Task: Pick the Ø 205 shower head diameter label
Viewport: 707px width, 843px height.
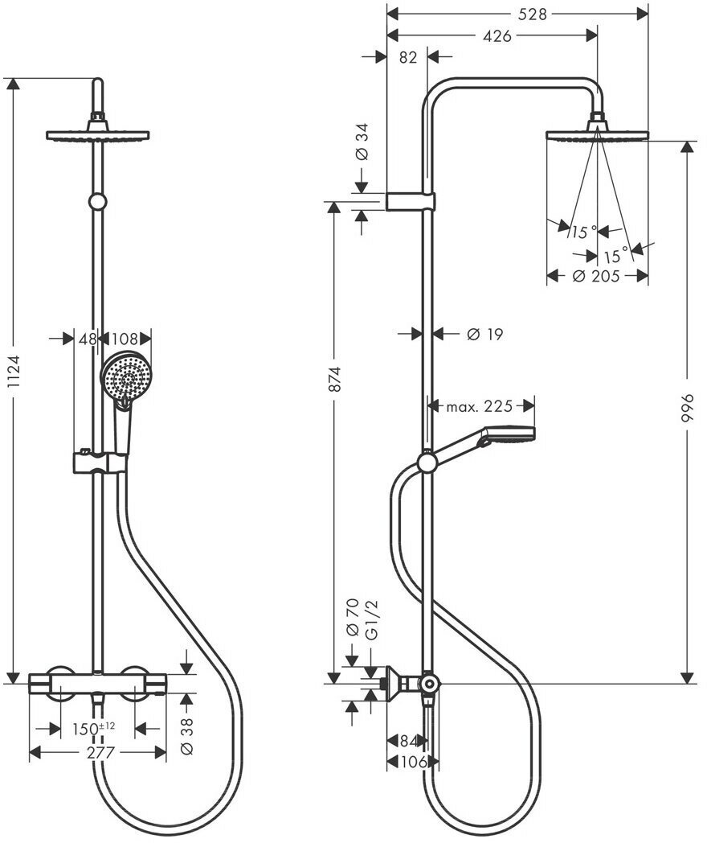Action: [595, 277]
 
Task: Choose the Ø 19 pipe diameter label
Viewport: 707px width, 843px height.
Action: [484, 334]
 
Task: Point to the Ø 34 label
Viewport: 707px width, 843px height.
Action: [362, 142]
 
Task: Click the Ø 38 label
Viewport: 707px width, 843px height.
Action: [187, 734]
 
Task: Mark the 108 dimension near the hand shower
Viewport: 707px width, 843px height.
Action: [124, 339]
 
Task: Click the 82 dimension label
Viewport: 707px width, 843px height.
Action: [407, 56]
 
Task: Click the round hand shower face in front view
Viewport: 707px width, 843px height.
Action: [123, 378]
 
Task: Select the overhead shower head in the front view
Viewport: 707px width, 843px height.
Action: [99, 134]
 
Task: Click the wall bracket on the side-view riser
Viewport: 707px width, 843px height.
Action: [411, 201]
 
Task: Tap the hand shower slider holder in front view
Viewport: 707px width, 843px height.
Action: [100, 463]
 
